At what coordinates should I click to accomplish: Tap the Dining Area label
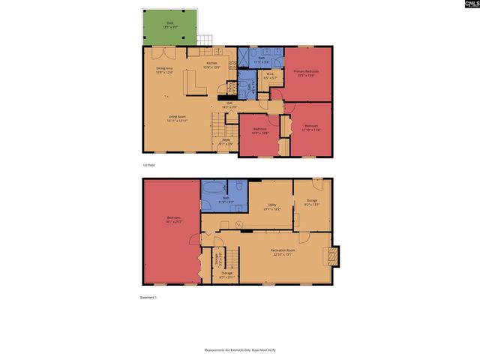click(x=164, y=70)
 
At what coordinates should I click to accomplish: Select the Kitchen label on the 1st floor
click(x=212, y=66)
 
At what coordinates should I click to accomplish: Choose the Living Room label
click(x=177, y=118)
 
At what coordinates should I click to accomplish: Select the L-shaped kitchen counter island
click(x=196, y=89)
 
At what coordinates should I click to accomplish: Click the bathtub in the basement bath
click(x=211, y=188)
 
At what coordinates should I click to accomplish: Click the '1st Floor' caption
click(x=150, y=165)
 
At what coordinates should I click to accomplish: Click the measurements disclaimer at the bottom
click(x=240, y=350)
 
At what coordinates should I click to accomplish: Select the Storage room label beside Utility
click(x=312, y=202)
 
